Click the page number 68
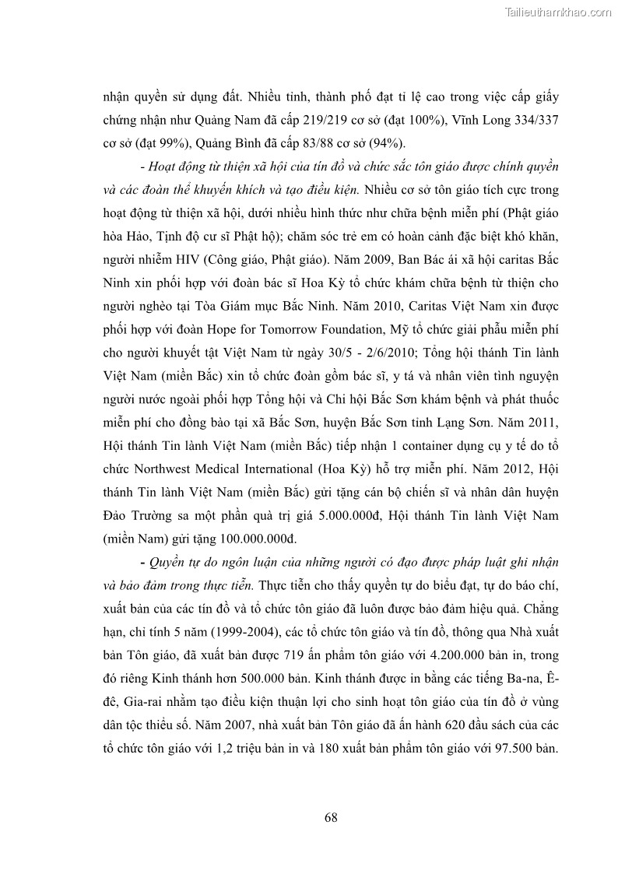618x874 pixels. (x=330, y=817)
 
